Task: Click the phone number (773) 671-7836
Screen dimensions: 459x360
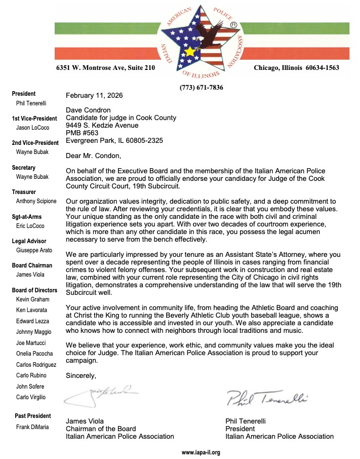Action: (201, 88)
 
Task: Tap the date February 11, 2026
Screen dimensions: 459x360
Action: (94, 95)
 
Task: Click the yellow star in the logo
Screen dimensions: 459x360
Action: (190, 51)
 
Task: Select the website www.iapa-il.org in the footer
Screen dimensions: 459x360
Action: (201, 452)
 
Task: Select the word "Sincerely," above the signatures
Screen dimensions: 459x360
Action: (81, 375)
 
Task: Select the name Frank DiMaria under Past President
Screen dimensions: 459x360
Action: (32, 427)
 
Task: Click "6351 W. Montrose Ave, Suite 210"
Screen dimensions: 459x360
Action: (105, 68)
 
